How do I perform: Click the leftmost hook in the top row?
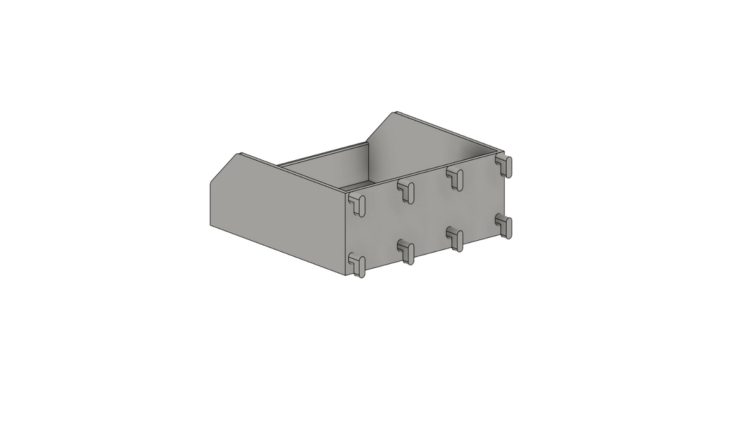(357, 204)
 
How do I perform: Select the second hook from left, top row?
(407, 191)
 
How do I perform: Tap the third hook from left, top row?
(456, 178)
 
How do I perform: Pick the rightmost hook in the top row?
(505, 166)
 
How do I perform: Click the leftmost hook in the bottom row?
(357, 264)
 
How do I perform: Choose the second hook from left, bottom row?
(407, 251)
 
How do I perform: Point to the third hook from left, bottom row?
(456, 239)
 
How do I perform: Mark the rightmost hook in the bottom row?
(505, 226)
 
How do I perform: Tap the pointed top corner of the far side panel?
(395, 113)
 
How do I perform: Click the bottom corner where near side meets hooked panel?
(345, 275)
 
